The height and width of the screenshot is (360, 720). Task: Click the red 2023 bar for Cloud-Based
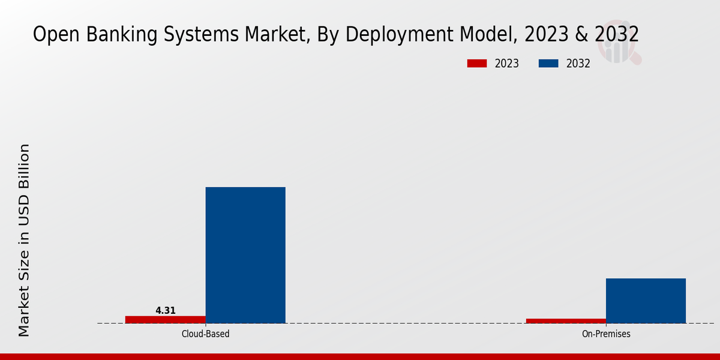pyautogui.click(x=165, y=319)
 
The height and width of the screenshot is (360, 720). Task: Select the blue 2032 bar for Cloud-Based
pyautogui.click(x=245, y=255)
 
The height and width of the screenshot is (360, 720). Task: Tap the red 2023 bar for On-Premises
pyautogui.click(x=566, y=321)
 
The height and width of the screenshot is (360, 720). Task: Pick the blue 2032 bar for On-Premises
pyautogui.click(x=646, y=301)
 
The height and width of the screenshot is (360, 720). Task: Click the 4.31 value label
pyautogui.click(x=166, y=310)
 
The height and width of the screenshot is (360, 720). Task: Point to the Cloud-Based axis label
pyautogui.click(x=205, y=334)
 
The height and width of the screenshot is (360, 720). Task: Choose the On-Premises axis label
pyautogui.click(x=606, y=334)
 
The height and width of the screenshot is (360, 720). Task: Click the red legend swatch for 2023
pyautogui.click(x=476, y=64)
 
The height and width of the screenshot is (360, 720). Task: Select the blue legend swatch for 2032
pyautogui.click(x=548, y=64)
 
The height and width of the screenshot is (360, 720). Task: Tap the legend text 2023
pyautogui.click(x=507, y=64)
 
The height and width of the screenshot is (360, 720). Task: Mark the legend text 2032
pyautogui.click(x=578, y=64)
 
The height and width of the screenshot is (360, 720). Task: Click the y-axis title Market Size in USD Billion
pyautogui.click(x=24, y=240)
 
